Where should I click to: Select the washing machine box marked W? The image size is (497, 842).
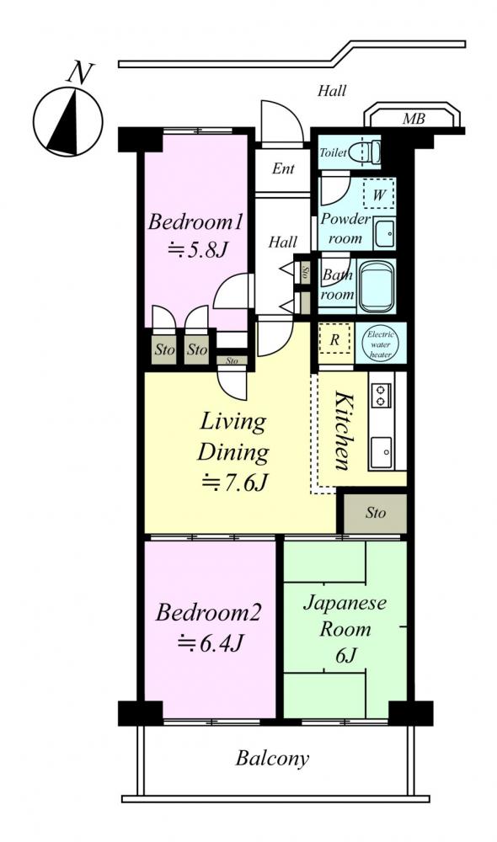tap(379, 195)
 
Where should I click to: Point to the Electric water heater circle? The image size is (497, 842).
tap(381, 344)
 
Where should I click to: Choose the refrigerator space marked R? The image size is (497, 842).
tap(334, 338)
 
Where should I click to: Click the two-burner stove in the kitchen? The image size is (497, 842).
tap(382, 395)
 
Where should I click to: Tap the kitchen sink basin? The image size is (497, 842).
tap(382, 452)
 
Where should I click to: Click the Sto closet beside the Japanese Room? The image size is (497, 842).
tap(375, 514)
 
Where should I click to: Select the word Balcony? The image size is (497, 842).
tap(272, 759)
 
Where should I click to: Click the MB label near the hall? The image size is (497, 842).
tap(414, 119)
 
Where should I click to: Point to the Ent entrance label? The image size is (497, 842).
tap(283, 168)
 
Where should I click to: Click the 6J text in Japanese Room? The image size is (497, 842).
tap(345, 656)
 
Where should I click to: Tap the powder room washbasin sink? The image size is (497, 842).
tap(385, 233)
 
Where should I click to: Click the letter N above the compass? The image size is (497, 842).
tap(79, 72)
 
